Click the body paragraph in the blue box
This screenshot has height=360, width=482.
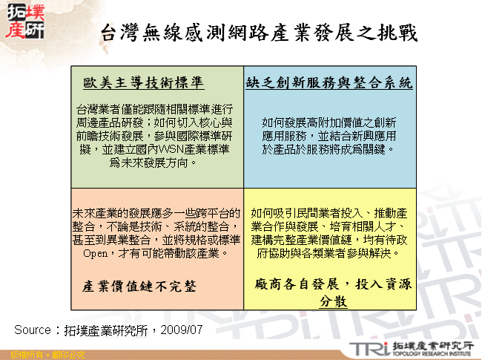[x=328, y=136]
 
